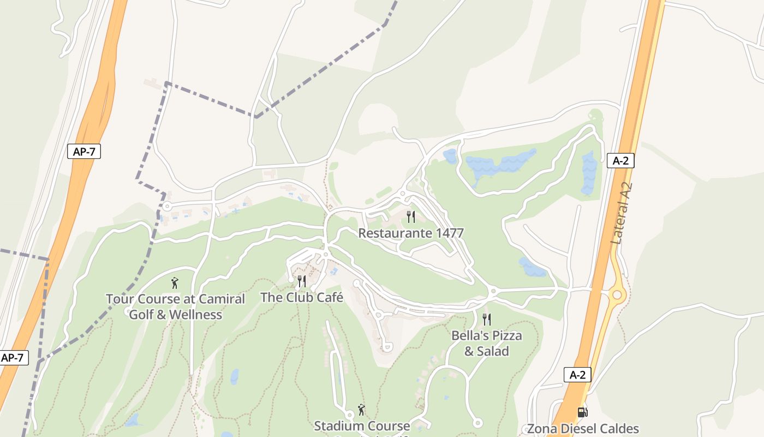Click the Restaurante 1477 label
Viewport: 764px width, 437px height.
pos(410,233)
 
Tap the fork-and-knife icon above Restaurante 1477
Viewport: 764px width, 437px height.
pos(411,217)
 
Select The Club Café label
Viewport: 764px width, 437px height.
pos(301,298)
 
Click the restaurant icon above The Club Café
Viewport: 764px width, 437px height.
pos(301,281)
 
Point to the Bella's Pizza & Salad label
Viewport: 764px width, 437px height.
pos(486,343)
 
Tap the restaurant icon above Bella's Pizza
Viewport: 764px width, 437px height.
pos(486,319)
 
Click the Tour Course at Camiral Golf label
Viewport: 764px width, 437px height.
pos(175,306)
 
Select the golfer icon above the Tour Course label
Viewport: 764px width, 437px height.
pos(175,283)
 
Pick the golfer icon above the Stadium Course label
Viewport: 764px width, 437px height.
pos(361,410)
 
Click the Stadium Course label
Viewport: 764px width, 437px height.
pos(362,426)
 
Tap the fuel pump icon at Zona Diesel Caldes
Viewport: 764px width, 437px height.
pos(583,412)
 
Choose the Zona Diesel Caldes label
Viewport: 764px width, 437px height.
pos(583,429)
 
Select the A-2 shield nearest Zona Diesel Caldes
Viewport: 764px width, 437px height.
pos(577,375)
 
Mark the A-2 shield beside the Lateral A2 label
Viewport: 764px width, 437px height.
pos(620,161)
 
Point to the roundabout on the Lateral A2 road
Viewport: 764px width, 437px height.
pos(617,295)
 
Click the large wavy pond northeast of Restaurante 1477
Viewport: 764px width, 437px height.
pos(499,164)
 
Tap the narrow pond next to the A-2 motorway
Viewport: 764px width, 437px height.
pos(589,172)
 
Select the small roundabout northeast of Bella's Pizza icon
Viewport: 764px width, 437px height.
pos(493,291)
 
